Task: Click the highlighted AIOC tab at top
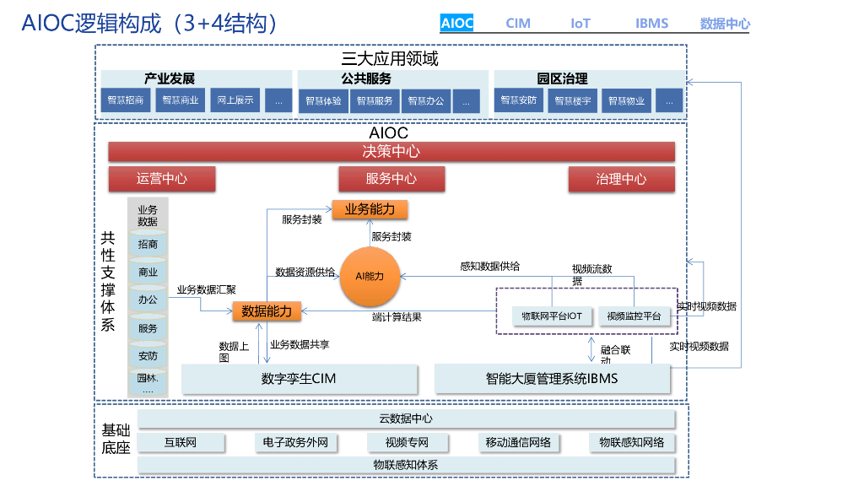(x=457, y=24)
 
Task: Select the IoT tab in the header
(x=580, y=24)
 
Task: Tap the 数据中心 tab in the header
(x=725, y=24)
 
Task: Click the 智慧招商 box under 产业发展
(x=125, y=100)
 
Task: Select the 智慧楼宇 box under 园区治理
(x=572, y=101)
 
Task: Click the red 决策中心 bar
(x=391, y=152)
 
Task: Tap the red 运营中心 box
(x=162, y=179)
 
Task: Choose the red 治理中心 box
(x=621, y=179)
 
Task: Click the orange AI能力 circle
(x=369, y=277)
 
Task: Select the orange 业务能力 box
(x=370, y=209)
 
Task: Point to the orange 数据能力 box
(x=267, y=311)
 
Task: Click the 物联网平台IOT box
(x=552, y=316)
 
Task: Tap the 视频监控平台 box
(x=634, y=316)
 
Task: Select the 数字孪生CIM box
(x=300, y=379)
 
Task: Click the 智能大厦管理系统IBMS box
(x=552, y=379)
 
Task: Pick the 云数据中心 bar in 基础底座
(x=406, y=418)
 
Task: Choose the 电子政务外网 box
(x=295, y=442)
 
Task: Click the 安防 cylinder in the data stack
(x=148, y=356)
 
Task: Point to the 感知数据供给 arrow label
(x=489, y=266)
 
